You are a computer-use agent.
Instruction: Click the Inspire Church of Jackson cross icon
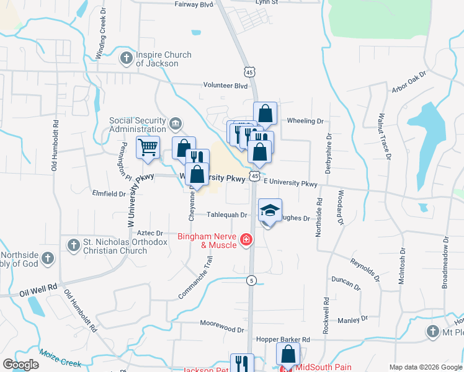[x=127, y=59]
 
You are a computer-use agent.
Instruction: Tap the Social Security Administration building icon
[x=176, y=125]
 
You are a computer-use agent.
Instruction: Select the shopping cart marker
[x=148, y=148]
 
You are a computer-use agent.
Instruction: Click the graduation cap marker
[x=269, y=210]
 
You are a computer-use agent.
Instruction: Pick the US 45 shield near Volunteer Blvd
[x=249, y=73]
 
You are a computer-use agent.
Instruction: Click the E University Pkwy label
[x=290, y=184]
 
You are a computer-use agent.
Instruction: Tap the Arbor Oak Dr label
[x=409, y=82]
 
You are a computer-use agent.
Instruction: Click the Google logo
[x=20, y=365]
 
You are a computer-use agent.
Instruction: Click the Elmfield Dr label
[x=109, y=193]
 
